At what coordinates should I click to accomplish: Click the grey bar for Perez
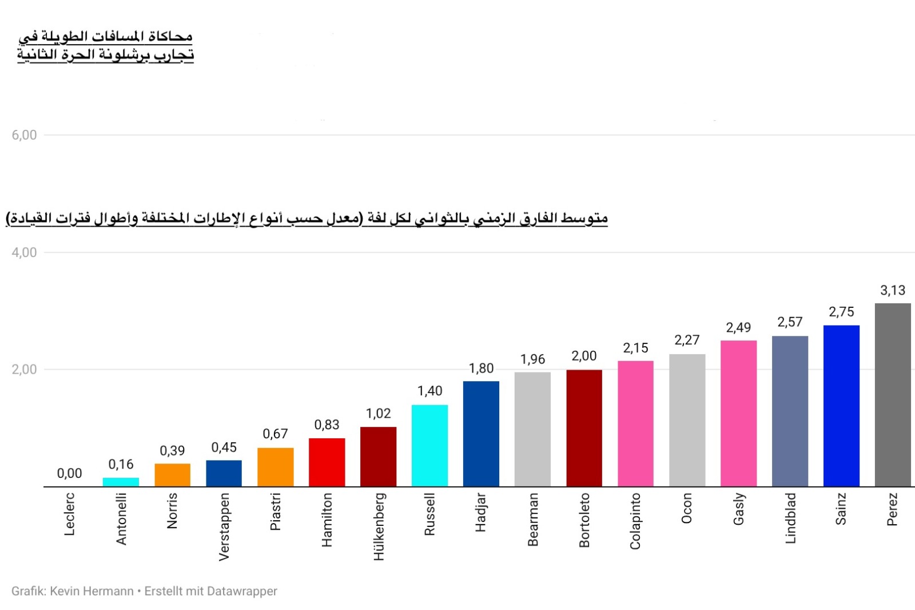[x=893, y=395]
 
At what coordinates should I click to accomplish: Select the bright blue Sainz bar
[x=841, y=406]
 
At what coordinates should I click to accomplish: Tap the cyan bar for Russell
[x=429, y=446]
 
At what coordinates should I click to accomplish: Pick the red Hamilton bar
[x=327, y=462]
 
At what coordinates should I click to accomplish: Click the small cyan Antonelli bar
[x=121, y=482]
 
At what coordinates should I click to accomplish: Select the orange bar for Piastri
[x=275, y=467]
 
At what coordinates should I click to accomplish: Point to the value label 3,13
[x=893, y=290]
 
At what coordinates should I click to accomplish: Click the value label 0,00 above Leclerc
[x=69, y=473]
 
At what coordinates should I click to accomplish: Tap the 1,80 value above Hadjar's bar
[x=481, y=369]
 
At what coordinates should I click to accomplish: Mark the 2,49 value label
[x=738, y=327]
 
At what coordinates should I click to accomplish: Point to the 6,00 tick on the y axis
[x=24, y=135]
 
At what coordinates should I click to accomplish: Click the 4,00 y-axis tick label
[x=24, y=252]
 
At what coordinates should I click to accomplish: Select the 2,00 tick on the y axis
[x=24, y=370]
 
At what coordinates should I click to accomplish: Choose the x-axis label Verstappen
[x=224, y=527]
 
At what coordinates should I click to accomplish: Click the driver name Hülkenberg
[x=379, y=526]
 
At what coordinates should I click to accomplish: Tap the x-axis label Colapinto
[x=635, y=521]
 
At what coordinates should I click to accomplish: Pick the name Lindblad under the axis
[x=790, y=518]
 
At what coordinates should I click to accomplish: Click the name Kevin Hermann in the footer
[x=92, y=591]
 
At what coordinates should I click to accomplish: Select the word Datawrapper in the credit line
[x=242, y=592]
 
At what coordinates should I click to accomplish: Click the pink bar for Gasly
[x=738, y=413]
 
